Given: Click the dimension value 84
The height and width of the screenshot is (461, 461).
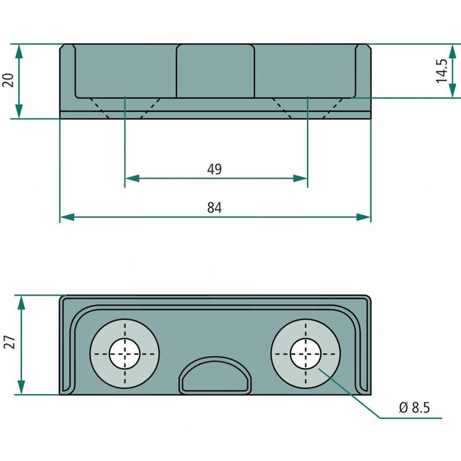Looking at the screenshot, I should point(214,207).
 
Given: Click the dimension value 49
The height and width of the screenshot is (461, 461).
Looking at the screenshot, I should point(214,169).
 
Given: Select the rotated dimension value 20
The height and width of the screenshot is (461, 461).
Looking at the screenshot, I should point(8,80).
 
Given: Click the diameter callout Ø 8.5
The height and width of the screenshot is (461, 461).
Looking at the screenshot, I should point(414,408).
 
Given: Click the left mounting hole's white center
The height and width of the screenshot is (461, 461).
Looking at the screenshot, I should point(124,353).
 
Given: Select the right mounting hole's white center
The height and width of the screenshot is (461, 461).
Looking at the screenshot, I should point(305,353).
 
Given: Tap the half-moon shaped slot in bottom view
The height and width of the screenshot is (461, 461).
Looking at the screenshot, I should point(216,377).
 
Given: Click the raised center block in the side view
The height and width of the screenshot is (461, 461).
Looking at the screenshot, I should point(215,70).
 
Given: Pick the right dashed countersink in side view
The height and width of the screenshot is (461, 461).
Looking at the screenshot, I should point(308,108).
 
